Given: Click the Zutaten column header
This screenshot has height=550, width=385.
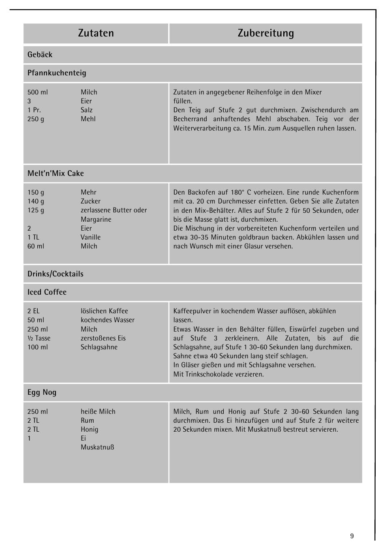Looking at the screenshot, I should [x=96, y=33].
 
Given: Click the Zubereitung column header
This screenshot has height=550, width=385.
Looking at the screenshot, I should [x=265, y=33].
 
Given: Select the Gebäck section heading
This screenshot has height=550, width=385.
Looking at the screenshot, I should [x=40, y=55].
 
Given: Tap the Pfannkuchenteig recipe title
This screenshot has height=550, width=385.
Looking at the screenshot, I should [x=57, y=73].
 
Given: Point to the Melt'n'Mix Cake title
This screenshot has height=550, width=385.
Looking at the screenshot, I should [x=56, y=173].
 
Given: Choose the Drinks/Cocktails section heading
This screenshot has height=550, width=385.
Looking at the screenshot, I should [x=56, y=274].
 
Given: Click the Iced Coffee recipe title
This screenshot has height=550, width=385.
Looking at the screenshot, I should [x=47, y=292].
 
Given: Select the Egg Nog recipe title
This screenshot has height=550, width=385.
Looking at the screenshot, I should [x=42, y=392].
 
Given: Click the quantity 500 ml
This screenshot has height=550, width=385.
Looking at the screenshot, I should [x=38, y=92].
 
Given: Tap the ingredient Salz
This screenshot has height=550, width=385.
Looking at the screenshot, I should [x=86, y=110].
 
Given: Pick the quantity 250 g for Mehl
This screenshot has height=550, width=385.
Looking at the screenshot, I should [x=36, y=119].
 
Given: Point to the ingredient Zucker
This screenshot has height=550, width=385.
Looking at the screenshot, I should [x=90, y=201].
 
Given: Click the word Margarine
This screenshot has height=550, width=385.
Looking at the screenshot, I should [x=96, y=220].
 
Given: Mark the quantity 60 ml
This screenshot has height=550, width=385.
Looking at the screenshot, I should [x=36, y=246].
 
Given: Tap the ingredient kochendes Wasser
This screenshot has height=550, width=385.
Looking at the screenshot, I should [x=107, y=320].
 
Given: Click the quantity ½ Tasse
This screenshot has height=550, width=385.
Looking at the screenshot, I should [x=39, y=338].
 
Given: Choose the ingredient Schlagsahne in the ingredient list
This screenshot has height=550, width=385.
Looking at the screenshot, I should [x=99, y=347].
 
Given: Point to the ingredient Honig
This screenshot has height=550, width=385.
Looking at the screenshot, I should [x=89, y=430].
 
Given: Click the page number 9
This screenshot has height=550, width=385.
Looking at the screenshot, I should [x=352, y=536].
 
